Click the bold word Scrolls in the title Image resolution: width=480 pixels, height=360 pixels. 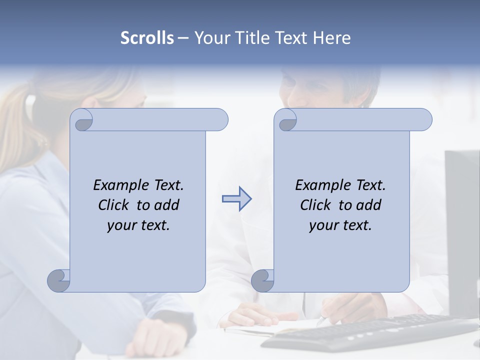pos(147,38)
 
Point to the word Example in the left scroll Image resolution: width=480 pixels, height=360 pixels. pos(116,185)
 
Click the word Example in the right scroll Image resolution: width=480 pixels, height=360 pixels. pos(318,185)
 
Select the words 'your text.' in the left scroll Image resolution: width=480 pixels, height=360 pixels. pos(138,225)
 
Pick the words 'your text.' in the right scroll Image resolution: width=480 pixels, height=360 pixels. pos(340,225)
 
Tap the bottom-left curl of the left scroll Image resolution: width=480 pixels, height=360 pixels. pos(58,281)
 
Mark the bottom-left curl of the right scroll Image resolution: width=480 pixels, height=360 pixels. pos(262,281)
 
